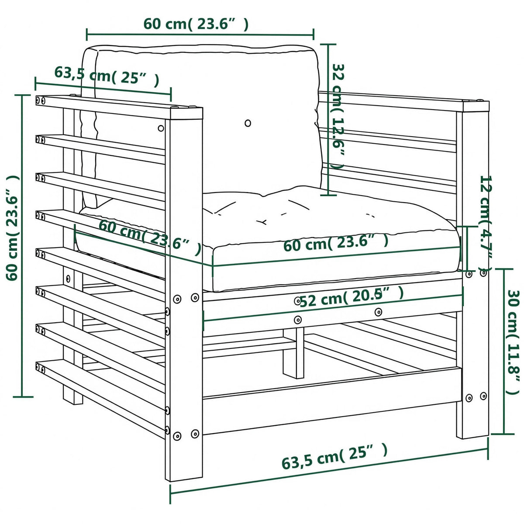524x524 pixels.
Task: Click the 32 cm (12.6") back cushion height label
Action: tap(338, 117)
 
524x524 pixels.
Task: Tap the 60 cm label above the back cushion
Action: tap(196, 24)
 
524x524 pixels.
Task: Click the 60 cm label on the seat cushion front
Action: tap(336, 243)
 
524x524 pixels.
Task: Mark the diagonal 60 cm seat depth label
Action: tap(150, 237)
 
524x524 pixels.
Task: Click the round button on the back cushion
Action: tap(248, 123)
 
